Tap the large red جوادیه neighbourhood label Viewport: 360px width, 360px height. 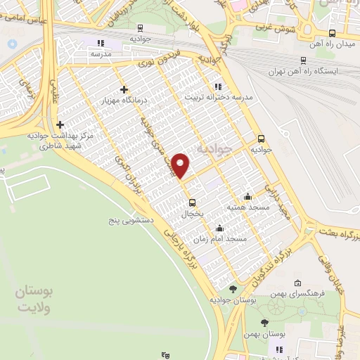(x=212, y=149)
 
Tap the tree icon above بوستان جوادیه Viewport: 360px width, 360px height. (x=233, y=290)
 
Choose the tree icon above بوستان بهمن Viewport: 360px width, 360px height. (x=264, y=323)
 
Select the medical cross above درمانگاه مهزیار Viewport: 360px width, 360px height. (x=124, y=89)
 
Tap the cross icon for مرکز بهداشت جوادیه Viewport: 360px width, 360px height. (x=60, y=124)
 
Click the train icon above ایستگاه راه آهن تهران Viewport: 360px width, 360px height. (x=303, y=60)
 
